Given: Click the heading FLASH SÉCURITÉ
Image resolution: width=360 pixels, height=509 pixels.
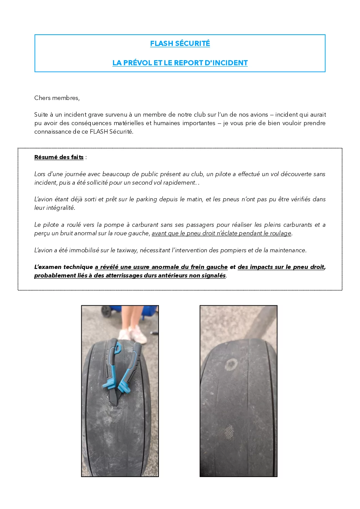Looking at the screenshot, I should [180, 44].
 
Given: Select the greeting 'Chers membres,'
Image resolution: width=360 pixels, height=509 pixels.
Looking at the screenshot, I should [57, 98].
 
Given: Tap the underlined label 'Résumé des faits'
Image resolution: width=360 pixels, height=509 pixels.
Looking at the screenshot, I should [59, 157].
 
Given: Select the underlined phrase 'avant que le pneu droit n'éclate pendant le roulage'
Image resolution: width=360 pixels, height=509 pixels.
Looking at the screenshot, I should [221, 233].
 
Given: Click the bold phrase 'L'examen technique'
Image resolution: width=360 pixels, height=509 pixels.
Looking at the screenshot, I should [63, 267].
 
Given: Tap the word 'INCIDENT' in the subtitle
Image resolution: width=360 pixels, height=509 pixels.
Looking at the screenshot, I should [230, 63].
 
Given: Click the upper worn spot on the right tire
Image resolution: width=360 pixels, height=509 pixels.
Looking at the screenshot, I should [231, 364].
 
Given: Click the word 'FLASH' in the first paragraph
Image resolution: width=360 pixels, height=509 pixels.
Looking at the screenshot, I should [99, 132].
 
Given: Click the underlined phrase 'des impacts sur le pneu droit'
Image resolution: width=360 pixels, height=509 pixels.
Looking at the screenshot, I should [281, 267].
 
